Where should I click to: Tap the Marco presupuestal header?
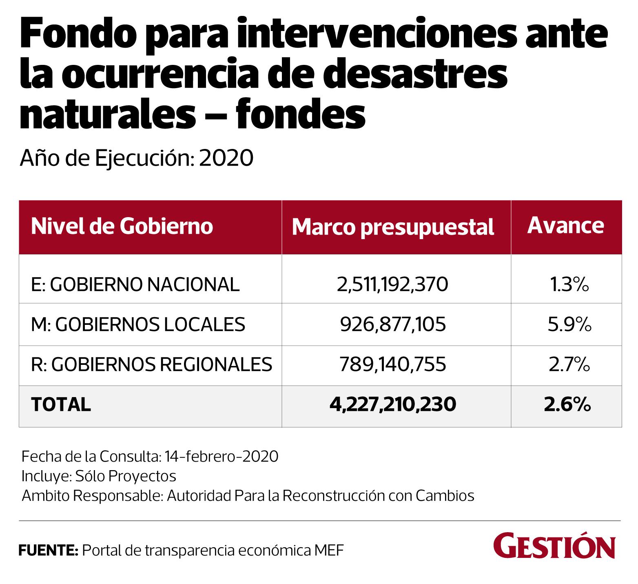coord(393,227)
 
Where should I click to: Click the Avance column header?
coord(565,225)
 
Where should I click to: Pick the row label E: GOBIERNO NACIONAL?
coord(135,284)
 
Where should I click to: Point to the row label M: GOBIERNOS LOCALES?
coord(138,324)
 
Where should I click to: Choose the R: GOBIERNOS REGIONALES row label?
coord(151,364)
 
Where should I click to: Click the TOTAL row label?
coord(61,404)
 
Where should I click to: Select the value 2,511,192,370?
coord(392,284)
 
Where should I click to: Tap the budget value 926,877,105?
coord(393,324)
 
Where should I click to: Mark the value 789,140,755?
coord(393,364)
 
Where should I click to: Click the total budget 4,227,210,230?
coord(392,404)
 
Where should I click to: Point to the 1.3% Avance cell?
coord(569,284)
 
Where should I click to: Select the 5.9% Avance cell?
coord(569,324)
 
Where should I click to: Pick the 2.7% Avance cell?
coord(569,364)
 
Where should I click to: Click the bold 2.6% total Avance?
coord(567,404)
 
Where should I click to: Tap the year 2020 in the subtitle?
coord(226,158)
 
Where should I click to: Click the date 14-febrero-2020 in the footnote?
coord(222,456)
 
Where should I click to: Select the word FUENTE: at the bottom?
coord(49,551)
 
